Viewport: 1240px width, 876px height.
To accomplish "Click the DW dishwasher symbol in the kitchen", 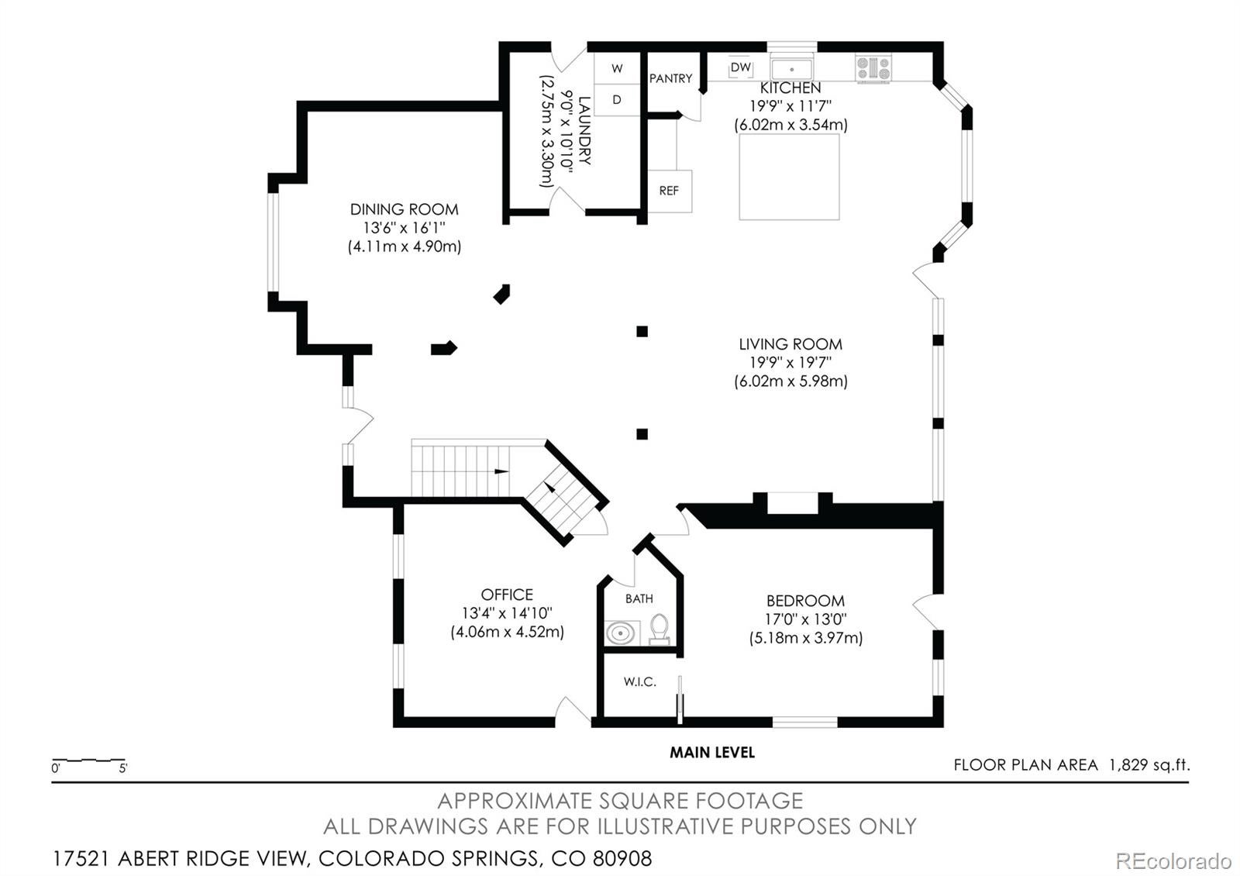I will tap(741, 67).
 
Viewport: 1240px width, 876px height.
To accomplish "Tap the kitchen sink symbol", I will tap(791, 68).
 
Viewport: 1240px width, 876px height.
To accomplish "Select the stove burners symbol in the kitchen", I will tap(873, 68).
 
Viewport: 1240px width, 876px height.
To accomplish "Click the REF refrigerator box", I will tap(669, 191).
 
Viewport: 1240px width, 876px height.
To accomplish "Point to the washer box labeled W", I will tap(617, 68).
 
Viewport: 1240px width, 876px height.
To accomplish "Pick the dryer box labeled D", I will tap(617, 100).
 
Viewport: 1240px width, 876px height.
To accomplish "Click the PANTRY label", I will tap(670, 78).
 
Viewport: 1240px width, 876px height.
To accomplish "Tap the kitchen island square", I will tap(789, 177).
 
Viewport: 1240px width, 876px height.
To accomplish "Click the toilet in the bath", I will tap(660, 629).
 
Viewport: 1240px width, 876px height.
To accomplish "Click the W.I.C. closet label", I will tap(639, 682).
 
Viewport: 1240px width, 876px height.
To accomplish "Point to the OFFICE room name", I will tap(507, 595).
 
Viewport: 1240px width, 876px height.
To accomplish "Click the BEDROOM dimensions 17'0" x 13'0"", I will tap(805, 619).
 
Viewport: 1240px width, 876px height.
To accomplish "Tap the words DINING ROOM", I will tap(404, 209).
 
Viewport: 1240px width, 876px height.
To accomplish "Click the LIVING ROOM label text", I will tap(790, 344).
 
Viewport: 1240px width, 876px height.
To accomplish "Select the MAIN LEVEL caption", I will tap(711, 752).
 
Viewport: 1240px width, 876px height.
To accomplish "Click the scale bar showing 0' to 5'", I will tap(88, 762).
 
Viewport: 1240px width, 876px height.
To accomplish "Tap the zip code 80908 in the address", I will tap(622, 859).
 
